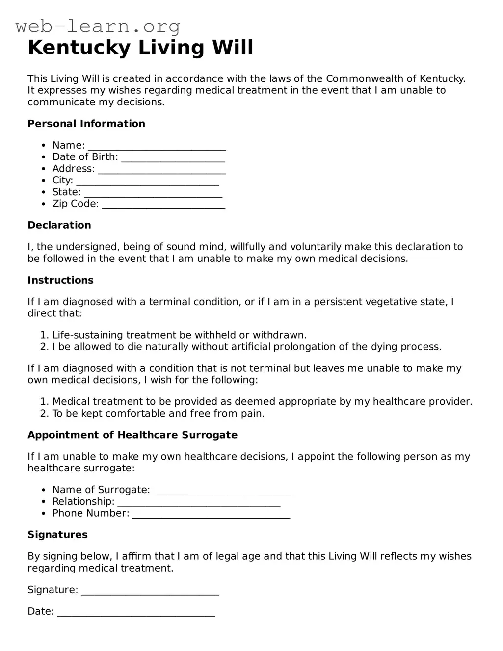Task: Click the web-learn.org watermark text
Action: pyautogui.click(x=98, y=26)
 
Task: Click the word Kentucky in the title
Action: pyautogui.click(x=79, y=48)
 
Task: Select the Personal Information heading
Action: pyautogui.click(x=86, y=124)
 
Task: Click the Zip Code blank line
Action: pyautogui.click(x=163, y=205)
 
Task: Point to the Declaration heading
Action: pyautogui.click(x=59, y=225)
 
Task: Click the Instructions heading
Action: pyautogui.click(x=60, y=280)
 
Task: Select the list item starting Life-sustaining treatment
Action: pyautogui.click(x=179, y=335)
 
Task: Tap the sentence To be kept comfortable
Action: pyautogui.click(x=158, y=414)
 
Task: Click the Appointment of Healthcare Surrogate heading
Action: pyautogui.click(x=132, y=435)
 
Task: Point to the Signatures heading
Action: pyautogui.click(x=57, y=535)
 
